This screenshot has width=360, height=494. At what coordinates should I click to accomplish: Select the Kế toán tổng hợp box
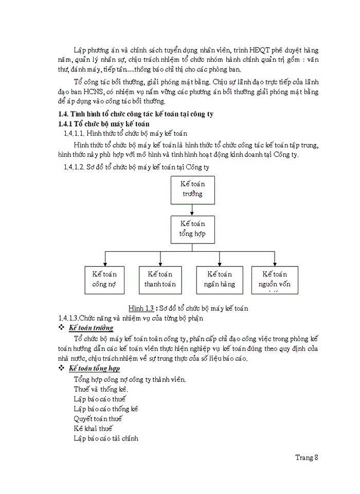[x=192, y=228]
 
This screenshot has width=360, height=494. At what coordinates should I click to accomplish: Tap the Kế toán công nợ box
[x=104, y=279]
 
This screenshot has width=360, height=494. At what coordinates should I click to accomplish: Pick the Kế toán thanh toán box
[x=160, y=279]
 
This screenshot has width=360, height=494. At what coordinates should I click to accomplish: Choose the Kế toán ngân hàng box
[x=220, y=279]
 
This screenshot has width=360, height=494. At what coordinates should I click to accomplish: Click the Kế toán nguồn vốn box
[x=275, y=279]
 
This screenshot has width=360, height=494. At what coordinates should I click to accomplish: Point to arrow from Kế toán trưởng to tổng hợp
[x=192, y=209]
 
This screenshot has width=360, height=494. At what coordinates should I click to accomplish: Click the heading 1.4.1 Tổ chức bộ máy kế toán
[x=103, y=124]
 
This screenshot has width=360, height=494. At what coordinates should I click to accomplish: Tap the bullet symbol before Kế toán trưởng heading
[x=61, y=328]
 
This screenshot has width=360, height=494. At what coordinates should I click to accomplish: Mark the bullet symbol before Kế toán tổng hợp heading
[x=61, y=368]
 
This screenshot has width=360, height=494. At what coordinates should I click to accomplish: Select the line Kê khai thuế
[x=93, y=428]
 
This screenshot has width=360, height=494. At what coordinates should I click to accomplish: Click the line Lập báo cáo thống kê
[x=106, y=409]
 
